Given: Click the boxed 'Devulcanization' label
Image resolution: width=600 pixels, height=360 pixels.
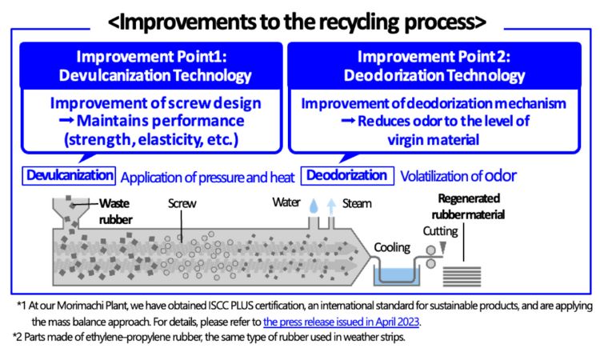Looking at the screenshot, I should (70, 175).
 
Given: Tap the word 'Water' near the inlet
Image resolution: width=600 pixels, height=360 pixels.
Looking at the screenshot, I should (286, 202).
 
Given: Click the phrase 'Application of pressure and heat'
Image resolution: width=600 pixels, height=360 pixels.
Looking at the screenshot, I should (207, 176).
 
